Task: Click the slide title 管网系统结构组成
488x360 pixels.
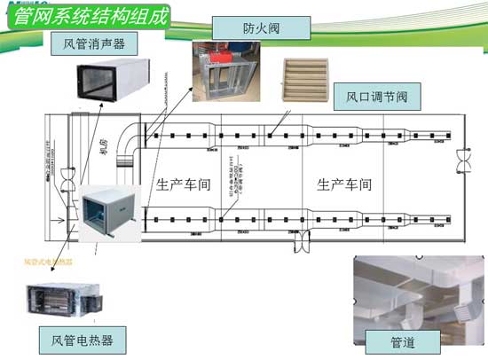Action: (x=84, y=15)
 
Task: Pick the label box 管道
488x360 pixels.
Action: (x=401, y=340)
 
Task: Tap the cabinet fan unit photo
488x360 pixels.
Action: (x=106, y=210)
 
